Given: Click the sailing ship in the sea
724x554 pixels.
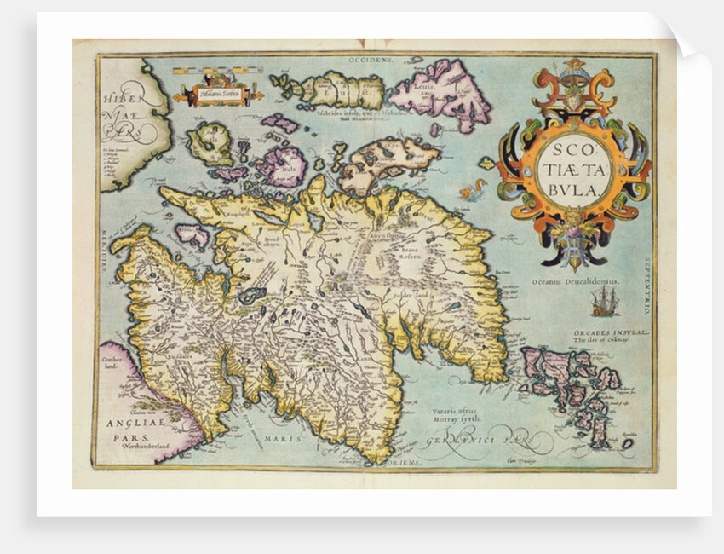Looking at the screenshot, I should [602, 299].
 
